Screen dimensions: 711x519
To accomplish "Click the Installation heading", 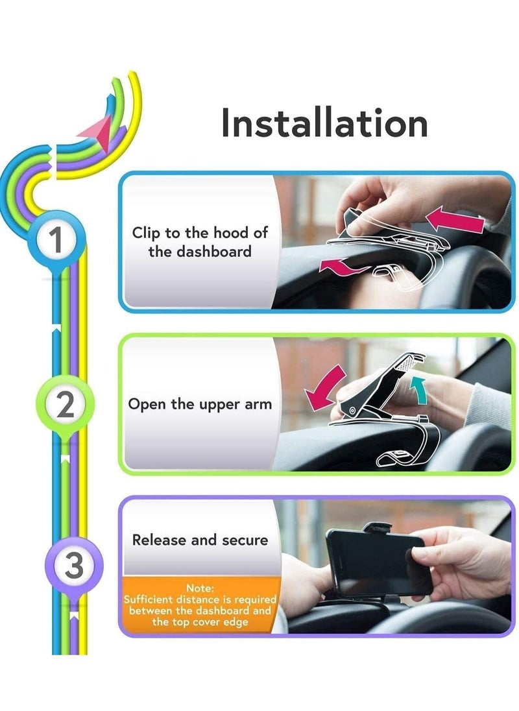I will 324,123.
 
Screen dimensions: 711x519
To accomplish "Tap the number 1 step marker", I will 57,241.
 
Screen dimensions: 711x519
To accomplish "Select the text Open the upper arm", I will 200,404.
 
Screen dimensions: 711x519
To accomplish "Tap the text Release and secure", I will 200,540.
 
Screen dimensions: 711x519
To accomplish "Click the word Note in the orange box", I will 199,588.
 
